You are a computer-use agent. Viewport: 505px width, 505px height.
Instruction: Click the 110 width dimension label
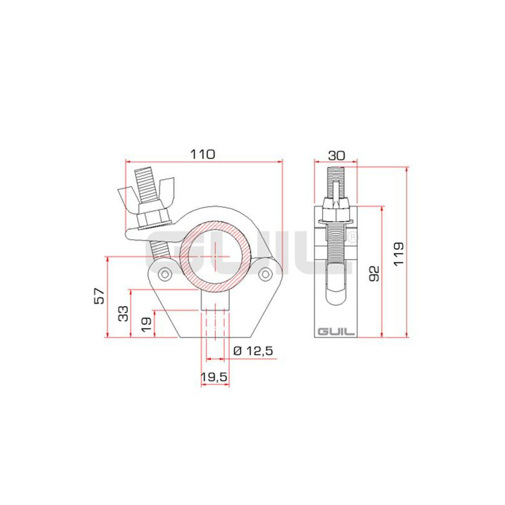(x=203, y=154)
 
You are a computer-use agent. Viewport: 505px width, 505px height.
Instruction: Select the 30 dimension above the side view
(x=336, y=155)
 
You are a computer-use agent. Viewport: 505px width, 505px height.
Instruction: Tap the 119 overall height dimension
(x=399, y=254)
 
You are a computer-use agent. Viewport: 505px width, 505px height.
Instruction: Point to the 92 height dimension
(x=374, y=273)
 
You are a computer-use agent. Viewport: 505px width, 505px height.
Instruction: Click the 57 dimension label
(x=99, y=296)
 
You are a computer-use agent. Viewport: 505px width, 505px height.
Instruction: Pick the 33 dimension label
(x=123, y=313)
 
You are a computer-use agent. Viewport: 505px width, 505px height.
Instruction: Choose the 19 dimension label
(x=146, y=324)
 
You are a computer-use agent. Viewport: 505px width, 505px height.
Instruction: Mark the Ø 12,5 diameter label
(x=253, y=350)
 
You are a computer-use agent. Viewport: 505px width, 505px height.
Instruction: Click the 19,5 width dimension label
(x=214, y=376)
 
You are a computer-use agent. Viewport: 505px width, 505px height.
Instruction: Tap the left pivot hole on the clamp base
(x=165, y=275)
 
